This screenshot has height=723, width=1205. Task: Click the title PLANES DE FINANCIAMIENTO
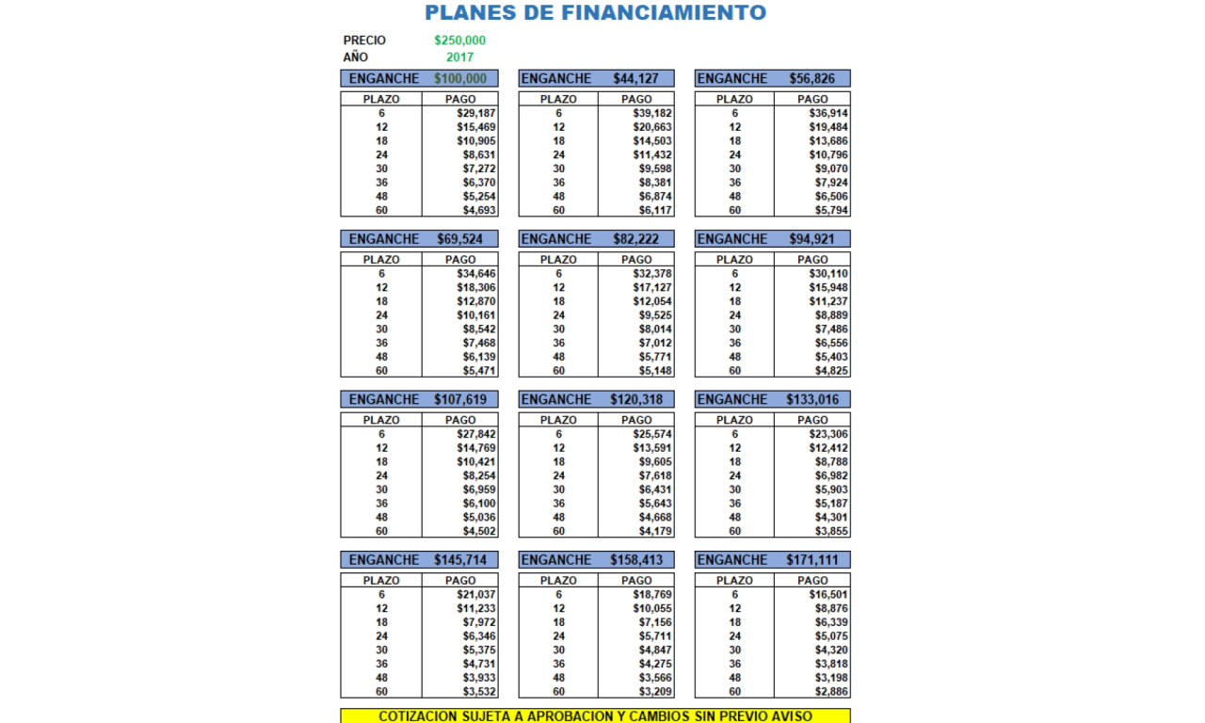click(x=595, y=13)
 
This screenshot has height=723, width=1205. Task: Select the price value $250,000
click(x=460, y=40)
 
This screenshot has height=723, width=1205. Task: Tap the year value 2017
click(x=460, y=57)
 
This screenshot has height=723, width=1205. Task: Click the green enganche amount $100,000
click(x=460, y=79)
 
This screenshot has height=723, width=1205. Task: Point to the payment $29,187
click(x=476, y=113)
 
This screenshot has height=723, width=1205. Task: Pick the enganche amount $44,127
click(x=636, y=79)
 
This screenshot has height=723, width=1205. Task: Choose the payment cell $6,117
click(x=652, y=211)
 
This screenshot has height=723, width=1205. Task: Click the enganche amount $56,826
click(x=812, y=79)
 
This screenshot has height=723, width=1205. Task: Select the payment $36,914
click(x=828, y=113)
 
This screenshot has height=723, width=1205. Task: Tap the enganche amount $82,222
click(x=636, y=239)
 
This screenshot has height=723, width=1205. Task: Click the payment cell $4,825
click(x=831, y=371)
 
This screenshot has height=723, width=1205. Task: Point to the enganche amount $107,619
click(x=460, y=399)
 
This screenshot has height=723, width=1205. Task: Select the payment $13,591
click(x=652, y=448)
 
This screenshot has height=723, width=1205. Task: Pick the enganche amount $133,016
click(x=812, y=399)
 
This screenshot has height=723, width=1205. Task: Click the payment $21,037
click(x=476, y=595)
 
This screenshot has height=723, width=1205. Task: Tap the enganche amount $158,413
click(x=636, y=560)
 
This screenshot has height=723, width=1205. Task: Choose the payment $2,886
click(x=831, y=692)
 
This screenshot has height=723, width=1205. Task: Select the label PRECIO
click(x=364, y=40)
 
